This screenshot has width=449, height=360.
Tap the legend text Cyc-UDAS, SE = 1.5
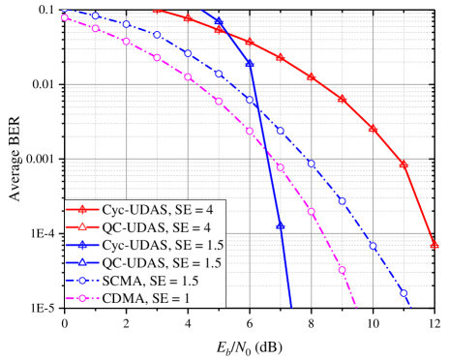coord(154,246)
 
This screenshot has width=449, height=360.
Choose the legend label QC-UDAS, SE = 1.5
coord(153,263)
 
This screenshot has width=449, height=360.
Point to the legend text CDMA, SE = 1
coord(139,299)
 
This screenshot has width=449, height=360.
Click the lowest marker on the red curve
coord(434,245)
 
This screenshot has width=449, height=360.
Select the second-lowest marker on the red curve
coord(404,165)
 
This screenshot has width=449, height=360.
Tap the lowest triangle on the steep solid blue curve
coord(281,226)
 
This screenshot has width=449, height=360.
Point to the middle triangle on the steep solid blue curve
coord(250,65)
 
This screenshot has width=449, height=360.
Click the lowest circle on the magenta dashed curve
coord(343,270)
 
